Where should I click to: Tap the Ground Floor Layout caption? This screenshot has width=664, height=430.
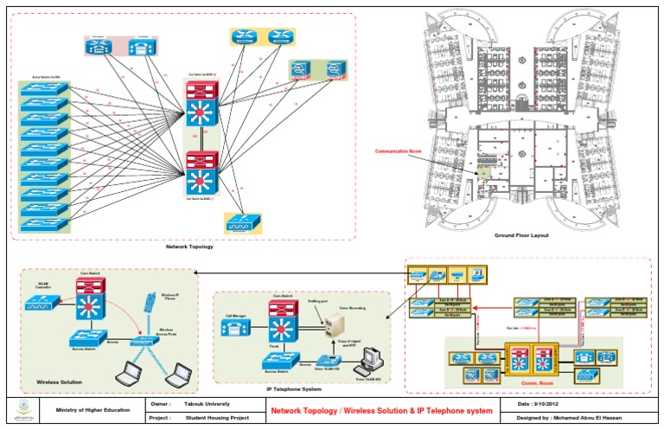click(x=521, y=235)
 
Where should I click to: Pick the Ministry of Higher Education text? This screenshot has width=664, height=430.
click(x=93, y=410)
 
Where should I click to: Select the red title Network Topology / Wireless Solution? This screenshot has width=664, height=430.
click(x=380, y=410)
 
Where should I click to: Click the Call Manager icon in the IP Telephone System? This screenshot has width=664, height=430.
click(x=237, y=329)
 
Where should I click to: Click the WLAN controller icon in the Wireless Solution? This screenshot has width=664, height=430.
click(x=41, y=303)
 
